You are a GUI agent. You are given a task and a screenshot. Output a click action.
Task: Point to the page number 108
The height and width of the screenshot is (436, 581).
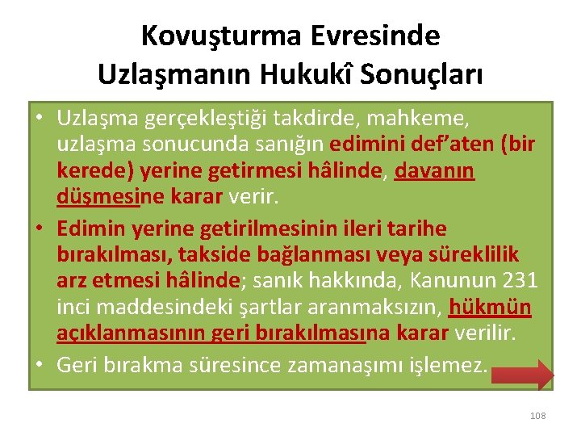(537, 415)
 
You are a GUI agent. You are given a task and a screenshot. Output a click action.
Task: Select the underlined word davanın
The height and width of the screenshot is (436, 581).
(434, 171)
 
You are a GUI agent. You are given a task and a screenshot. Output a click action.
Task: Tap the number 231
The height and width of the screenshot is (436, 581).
(520, 281)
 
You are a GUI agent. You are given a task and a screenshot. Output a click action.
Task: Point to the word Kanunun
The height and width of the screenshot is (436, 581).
(452, 281)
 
